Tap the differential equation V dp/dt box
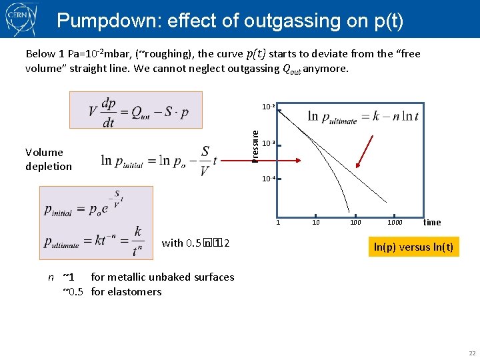pyautogui.click(x=135, y=110)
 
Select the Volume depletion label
pyautogui.click(x=48, y=159)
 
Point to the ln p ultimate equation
pyautogui.click(x=363, y=117)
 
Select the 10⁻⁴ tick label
pyautogui.click(x=268, y=179)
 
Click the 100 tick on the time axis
pyautogui.click(x=355, y=223)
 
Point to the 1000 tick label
pyautogui.click(x=395, y=223)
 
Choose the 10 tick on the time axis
pyautogui.click(x=316, y=223)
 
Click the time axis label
pyautogui.click(x=432, y=223)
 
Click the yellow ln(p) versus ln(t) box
pyautogui.click(x=413, y=247)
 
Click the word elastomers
pyautogui.click(x=137, y=291)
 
